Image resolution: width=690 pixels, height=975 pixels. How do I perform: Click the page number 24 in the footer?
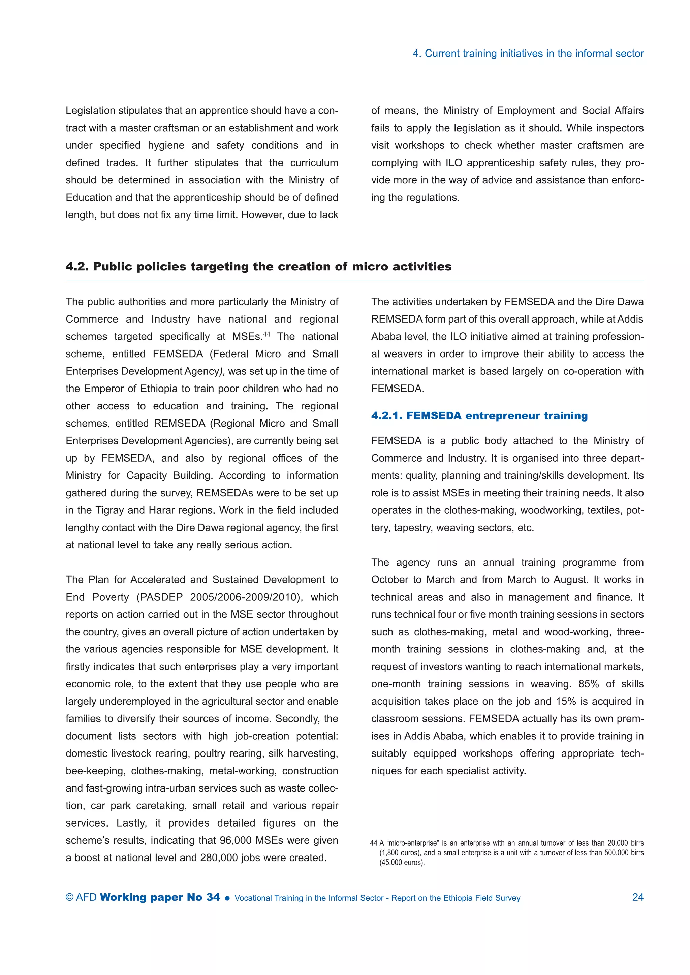(637, 897)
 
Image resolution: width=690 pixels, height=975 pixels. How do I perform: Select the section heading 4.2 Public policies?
(258, 266)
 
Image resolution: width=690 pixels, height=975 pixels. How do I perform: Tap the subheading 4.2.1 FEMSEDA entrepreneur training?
(479, 416)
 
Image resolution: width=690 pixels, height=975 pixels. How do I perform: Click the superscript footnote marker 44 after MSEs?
(266, 334)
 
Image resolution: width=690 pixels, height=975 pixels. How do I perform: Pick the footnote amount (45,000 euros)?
(402, 863)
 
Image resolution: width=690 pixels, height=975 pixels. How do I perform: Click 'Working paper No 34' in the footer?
(160, 897)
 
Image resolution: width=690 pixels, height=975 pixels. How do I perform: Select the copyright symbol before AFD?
(69, 897)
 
